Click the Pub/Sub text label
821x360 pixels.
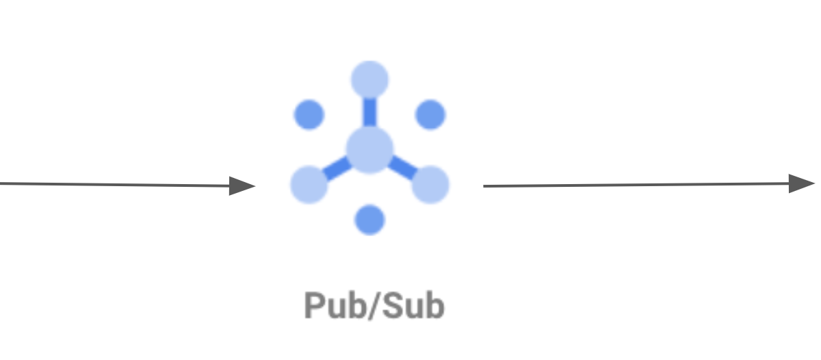pos(374,306)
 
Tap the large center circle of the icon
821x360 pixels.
pos(369,149)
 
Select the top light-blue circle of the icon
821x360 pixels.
pos(369,80)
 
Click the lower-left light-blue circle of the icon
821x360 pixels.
pos(309,184)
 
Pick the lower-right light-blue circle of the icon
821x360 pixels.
pos(430,184)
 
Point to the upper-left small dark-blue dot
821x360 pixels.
pos(309,114)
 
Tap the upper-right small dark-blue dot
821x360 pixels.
pos(430,114)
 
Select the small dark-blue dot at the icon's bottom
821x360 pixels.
pos(369,220)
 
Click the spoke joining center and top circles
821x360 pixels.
pos(369,112)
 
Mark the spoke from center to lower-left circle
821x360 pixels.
pos(336,168)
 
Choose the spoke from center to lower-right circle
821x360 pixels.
pos(403,168)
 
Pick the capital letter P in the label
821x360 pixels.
pos(314,306)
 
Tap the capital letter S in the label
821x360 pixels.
pos(391,306)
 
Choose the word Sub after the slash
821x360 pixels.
pos(412,306)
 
